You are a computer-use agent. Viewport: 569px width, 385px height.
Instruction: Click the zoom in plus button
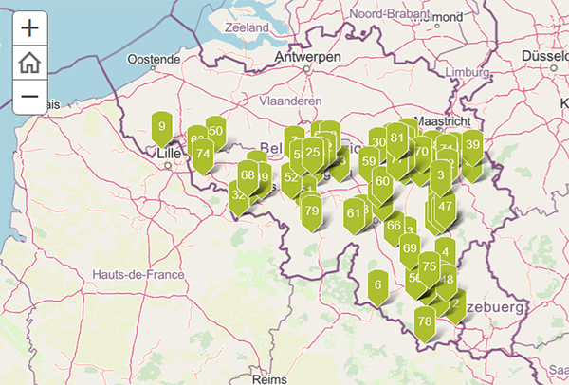(x=29, y=27)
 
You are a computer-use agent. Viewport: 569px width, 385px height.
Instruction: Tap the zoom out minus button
(x=29, y=97)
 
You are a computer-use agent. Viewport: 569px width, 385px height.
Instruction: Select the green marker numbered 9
(x=162, y=127)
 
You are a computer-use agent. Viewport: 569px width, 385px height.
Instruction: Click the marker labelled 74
(x=202, y=154)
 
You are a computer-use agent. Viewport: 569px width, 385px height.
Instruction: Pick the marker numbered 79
(x=311, y=211)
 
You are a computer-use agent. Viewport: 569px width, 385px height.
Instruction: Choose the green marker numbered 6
(x=377, y=284)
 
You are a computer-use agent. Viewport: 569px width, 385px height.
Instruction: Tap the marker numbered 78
(x=425, y=321)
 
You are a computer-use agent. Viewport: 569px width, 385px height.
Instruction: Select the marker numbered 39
(x=472, y=146)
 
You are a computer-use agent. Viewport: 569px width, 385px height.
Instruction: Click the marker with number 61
(x=354, y=213)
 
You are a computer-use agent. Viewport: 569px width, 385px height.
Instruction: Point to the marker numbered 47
(x=445, y=207)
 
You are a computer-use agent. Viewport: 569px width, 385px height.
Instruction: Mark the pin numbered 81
(x=397, y=138)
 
